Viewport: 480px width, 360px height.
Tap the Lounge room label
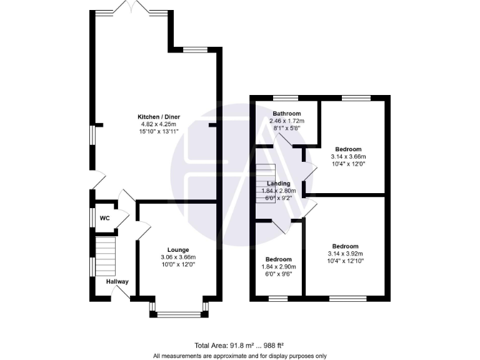178,250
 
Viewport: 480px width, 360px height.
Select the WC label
105,218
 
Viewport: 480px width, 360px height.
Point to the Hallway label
117,282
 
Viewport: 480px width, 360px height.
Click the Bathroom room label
286,113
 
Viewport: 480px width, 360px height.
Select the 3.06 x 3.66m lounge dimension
178,257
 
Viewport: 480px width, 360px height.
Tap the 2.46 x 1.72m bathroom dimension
286,121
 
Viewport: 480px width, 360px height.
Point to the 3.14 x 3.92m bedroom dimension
345,254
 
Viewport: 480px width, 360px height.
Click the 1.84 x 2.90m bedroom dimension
279,267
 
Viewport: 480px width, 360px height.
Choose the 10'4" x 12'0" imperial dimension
348,164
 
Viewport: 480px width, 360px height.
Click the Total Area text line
240,345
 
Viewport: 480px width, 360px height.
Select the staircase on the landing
266,182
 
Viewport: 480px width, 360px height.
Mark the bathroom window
286,97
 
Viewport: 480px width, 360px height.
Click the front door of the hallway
120,296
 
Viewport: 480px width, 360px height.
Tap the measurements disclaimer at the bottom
240,356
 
